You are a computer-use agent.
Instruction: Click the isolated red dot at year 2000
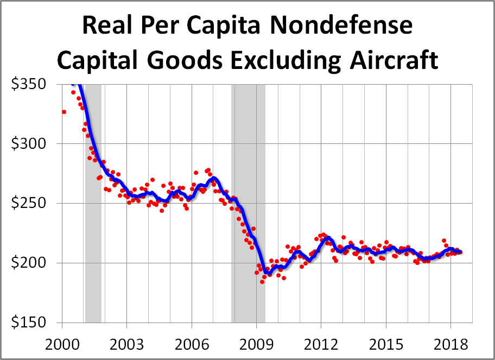[x=64, y=112]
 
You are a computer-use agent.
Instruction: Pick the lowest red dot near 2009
[x=262, y=281]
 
